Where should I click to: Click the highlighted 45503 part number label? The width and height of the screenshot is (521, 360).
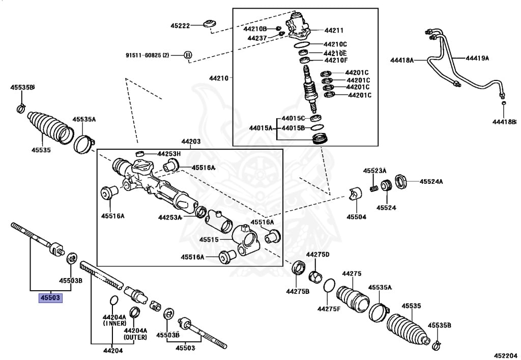[x=50, y=297]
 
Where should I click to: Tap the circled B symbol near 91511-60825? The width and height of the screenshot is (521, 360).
[x=188, y=55]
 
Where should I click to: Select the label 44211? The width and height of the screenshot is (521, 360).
[x=334, y=31]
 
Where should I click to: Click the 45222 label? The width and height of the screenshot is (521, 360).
[x=181, y=25]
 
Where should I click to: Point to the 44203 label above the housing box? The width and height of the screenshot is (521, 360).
[x=191, y=142]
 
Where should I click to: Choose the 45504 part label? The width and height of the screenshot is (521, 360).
[x=357, y=217]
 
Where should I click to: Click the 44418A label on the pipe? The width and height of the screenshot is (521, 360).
[x=402, y=60]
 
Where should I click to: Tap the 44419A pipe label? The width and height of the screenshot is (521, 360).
[x=477, y=58]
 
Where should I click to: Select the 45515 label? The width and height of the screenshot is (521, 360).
[x=209, y=240]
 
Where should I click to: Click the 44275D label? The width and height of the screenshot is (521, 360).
[x=317, y=255]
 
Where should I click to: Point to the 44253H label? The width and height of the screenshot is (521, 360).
[x=169, y=154]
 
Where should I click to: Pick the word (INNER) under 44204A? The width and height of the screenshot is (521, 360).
[x=114, y=323]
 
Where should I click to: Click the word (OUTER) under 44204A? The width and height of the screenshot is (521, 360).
[x=135, y=338]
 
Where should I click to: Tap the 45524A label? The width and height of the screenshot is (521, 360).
[x=431, y=181]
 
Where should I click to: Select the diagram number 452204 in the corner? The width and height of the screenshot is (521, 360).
[x=505, y=355]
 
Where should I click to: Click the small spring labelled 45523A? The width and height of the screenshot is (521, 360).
[x=374, y=188]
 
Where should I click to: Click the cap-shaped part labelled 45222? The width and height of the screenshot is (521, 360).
[x=210, y=24]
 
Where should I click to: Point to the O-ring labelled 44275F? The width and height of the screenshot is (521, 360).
[x=329, y=285]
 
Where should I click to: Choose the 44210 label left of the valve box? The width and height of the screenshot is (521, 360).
[x=219, y=78]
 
